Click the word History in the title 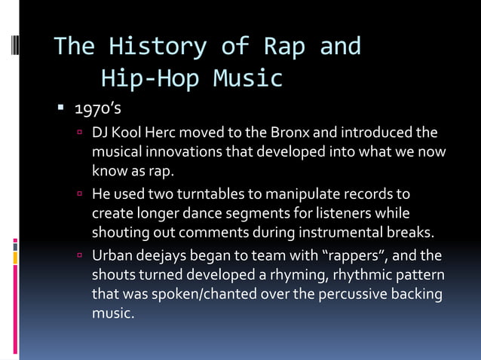(x=158, y=47)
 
